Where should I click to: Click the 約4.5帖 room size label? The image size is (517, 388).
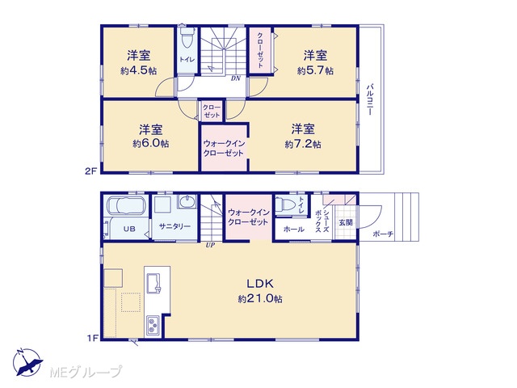[139, 70]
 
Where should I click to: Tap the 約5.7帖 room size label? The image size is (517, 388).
[315, 70]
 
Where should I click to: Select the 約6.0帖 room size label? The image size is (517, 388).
[151, 144]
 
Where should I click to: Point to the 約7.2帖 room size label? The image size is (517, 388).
[303, 144]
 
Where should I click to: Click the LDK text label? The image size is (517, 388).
[260, 284]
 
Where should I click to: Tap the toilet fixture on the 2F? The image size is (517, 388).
[187, 39]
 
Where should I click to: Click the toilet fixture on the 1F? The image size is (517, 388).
[285, 205]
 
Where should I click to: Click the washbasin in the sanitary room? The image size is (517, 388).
[187, 201]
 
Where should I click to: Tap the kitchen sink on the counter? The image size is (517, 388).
[154, 283]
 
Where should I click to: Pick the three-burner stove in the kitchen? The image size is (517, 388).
[153, 325]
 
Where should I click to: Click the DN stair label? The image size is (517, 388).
[236, 78]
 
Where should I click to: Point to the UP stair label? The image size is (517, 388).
[210, 246]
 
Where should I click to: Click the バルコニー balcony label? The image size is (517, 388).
[370, 99]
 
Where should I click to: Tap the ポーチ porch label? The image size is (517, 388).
[383, 234]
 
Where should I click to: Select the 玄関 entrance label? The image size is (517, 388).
[346, 222]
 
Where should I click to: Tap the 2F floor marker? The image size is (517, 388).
[91, 171]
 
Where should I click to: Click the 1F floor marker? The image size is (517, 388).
[93, 338]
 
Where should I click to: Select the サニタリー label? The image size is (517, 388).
[174, 226]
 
